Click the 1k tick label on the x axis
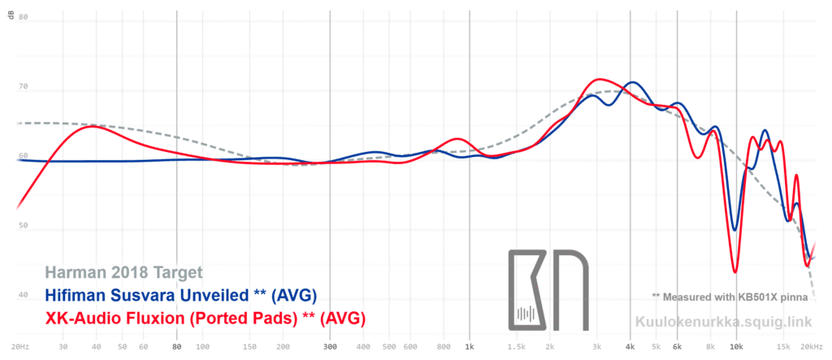pyautogui.click(x=470, y=346)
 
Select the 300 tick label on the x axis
pyautogui.click(x=330, y=346)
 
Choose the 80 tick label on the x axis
pyautogui.click(x=177, y=346)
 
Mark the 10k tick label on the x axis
pyautogui.click(x=736, y=346)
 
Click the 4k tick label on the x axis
pyautogui.click(x=630, y=346)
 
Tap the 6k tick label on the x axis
pyautogui.click(x=678, y=346)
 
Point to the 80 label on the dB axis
pyautogui.click(x=23, y=16)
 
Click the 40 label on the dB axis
pyautogui.click(x=23, y=297)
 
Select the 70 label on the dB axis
pyautogui.click(x=23, y=86)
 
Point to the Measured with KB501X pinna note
pyautogui.click(x=729, y=297)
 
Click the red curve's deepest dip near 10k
pyautogui.click(x=735, y=271)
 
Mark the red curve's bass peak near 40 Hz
pyautogui.click(x=93, y=126)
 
